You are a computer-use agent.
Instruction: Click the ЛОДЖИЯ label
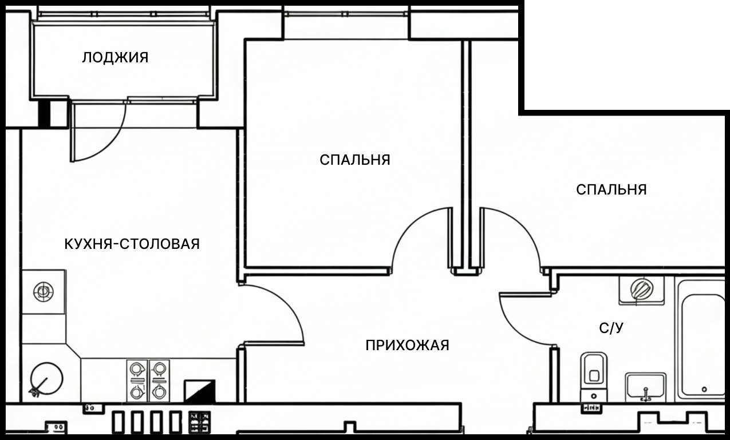(115, 58)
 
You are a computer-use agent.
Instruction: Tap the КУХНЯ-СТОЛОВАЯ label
(132, 244)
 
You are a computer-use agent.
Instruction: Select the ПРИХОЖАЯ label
(407, 346)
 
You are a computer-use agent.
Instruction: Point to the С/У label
(611, 328)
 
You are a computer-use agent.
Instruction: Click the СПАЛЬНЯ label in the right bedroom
(611, 189)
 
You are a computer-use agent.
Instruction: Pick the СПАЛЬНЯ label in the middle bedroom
(355, 160)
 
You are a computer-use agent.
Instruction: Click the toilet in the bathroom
(593, 375)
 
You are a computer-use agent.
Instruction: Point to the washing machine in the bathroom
(641, 290)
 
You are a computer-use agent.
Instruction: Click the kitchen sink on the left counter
(43, 292)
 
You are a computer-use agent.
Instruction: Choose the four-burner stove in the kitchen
(148, 380)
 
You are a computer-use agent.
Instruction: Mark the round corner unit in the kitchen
(46, 379)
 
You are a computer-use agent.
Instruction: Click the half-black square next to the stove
(200, 391)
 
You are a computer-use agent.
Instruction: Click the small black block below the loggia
(44, 113)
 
